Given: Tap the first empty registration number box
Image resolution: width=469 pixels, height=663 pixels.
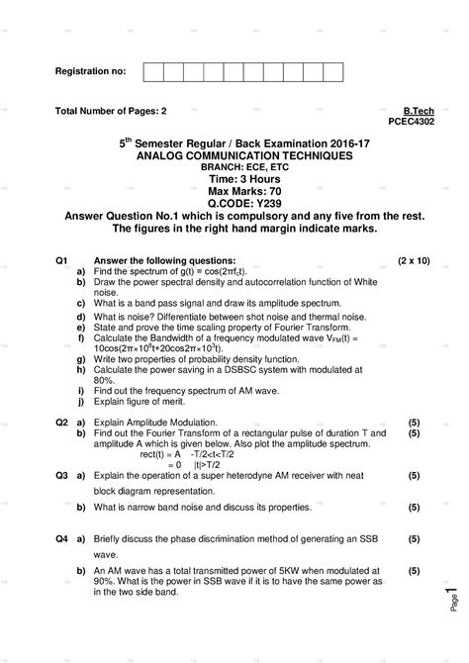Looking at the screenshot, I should (153, 72).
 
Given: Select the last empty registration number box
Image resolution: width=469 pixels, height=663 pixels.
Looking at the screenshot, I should (332, 72).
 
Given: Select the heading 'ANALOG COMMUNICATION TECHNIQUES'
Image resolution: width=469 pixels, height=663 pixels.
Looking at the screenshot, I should (234, 156).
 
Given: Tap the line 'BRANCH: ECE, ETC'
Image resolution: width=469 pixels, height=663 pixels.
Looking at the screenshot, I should (234, 168).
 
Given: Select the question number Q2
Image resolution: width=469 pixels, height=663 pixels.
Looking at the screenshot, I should (61, 422).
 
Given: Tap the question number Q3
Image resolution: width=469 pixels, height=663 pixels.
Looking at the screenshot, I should (61, 476).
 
